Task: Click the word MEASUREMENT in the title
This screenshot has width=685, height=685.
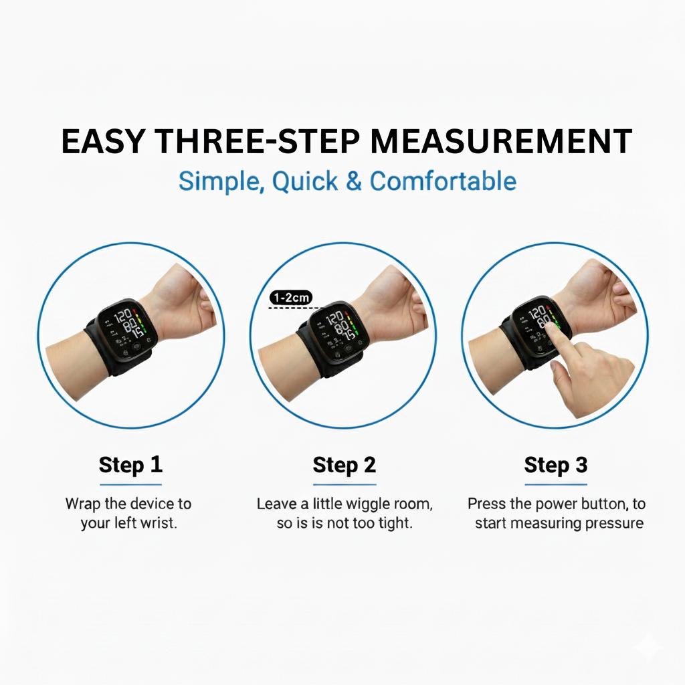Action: [x=500, y=142]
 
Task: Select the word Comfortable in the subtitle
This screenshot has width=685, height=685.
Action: [x=443, y=181]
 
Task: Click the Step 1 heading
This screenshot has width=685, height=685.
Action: [x=130, y=465]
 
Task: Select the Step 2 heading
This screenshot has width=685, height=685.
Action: [x=345, y=465]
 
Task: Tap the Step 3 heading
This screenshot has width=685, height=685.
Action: [x=556, y=465]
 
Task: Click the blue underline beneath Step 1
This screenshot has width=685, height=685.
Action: [x=130, y=484]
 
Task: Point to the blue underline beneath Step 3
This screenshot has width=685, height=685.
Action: [x=556, y=484]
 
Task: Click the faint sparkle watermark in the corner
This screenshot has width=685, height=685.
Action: [x=648, y=646]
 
